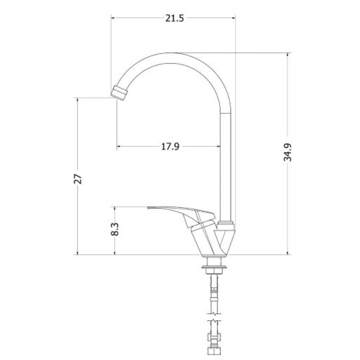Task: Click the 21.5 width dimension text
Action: pos(175,18)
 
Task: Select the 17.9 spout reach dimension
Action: pos(170,146)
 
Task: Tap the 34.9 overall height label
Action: pos(287,152)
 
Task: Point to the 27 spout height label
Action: pos(78,179)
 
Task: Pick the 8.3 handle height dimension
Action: pos(115,229)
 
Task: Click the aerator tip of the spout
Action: pos(119,93)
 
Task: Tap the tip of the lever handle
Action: pos(149,208)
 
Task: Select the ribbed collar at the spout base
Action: pos(226,223)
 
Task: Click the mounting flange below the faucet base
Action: pos(215,267)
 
